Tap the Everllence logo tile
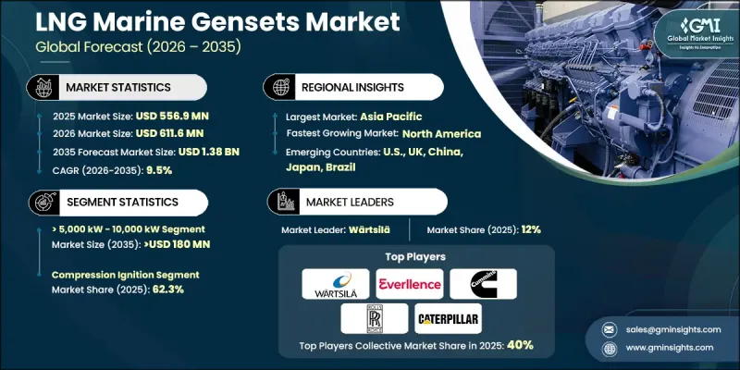pyautogui.click(x=407, y=284)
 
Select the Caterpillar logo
pyautogui.click(x=448, y=318)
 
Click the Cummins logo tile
pyautogui.click(x=483, y=284)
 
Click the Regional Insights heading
pyautogui.click(x=351, y=87)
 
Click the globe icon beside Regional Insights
pyautogui.click(x=278, y=87)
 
